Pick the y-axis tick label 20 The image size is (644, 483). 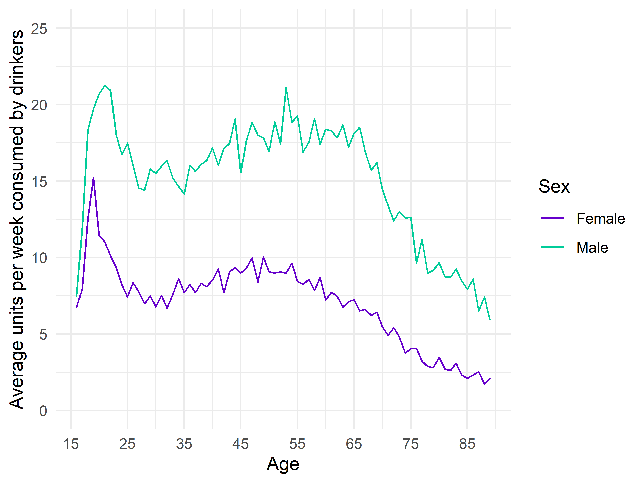point(39,105)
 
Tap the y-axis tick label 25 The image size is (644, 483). point(39,29)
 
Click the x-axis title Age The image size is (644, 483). point(283,464)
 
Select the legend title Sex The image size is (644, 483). point(554,186)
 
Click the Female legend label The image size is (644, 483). point(601,219)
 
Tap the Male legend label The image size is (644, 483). point(592,248)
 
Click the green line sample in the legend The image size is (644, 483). point(553,247)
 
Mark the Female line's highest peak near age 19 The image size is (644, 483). point(93,178)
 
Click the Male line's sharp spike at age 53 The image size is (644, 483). point(286,88)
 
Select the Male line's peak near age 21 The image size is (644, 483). point(105,85)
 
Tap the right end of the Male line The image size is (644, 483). point(490,320)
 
